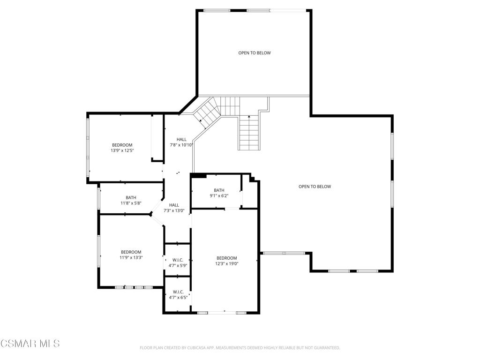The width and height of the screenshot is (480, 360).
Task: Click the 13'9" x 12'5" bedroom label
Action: [122, 148]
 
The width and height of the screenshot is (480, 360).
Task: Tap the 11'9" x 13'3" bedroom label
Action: [131, 255]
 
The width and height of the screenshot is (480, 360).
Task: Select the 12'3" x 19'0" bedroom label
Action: [226, 261]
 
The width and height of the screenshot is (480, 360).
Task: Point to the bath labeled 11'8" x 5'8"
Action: [131, 200]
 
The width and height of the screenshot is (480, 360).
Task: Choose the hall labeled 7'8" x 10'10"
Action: [181, 142]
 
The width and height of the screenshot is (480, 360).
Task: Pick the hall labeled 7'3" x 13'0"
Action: [174, 208]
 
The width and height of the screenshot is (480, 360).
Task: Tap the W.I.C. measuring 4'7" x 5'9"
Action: [178, 262]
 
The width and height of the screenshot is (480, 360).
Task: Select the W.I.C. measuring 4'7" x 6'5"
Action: [178, 294]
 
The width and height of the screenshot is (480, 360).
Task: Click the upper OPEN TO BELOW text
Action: [255, 53]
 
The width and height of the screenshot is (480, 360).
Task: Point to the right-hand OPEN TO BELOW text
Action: [315, 187]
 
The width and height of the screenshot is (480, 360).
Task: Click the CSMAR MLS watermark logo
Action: [30, 344]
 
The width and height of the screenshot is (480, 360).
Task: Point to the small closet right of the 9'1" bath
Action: [250, 193]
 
